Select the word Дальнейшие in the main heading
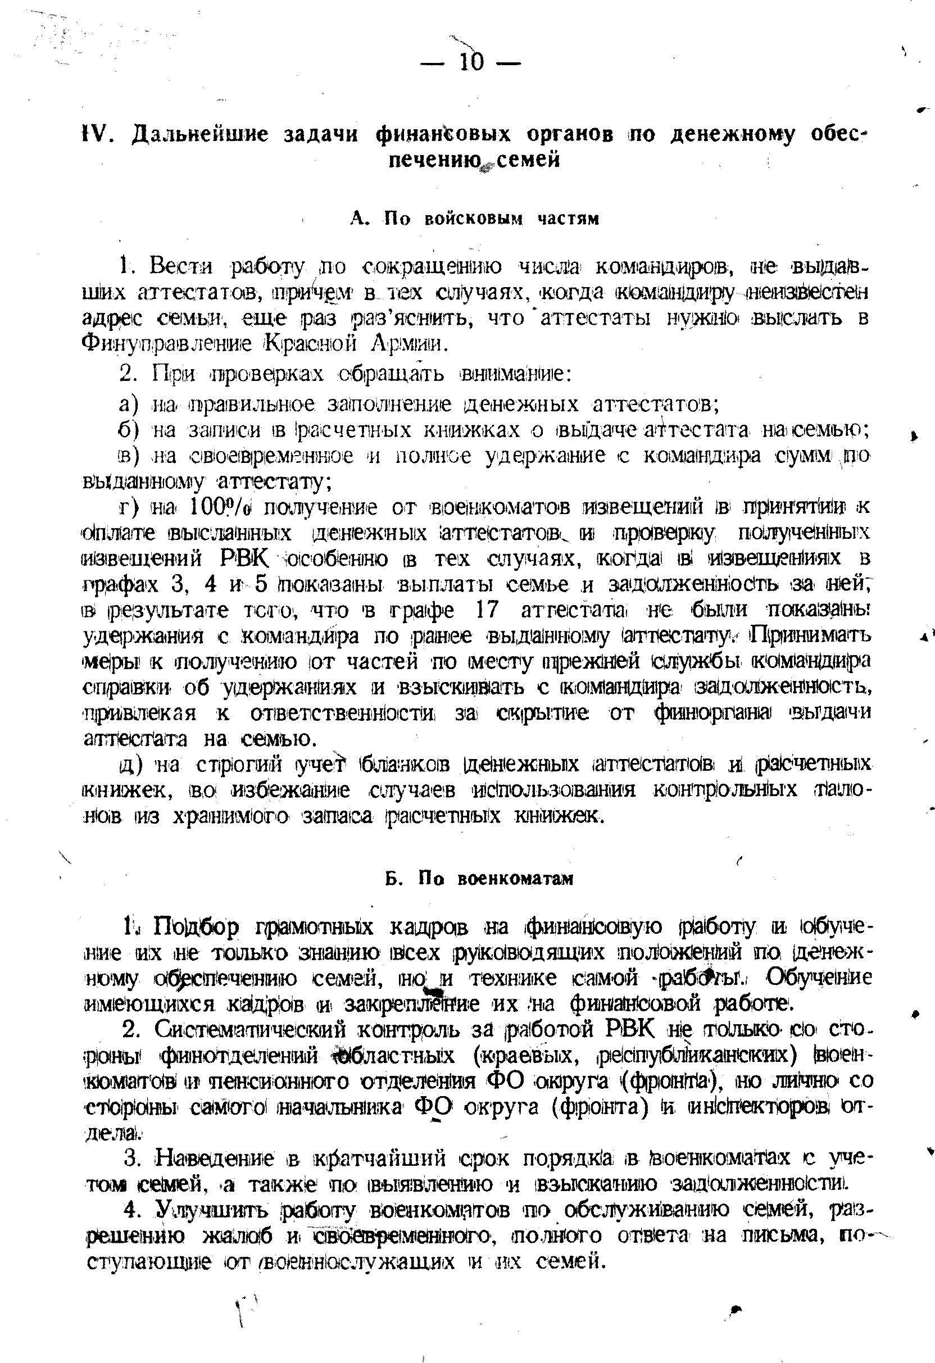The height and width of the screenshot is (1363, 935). pos(200,135)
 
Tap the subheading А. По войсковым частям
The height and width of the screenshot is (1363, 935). pos(474,219)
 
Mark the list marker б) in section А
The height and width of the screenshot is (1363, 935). pos(128,431)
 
